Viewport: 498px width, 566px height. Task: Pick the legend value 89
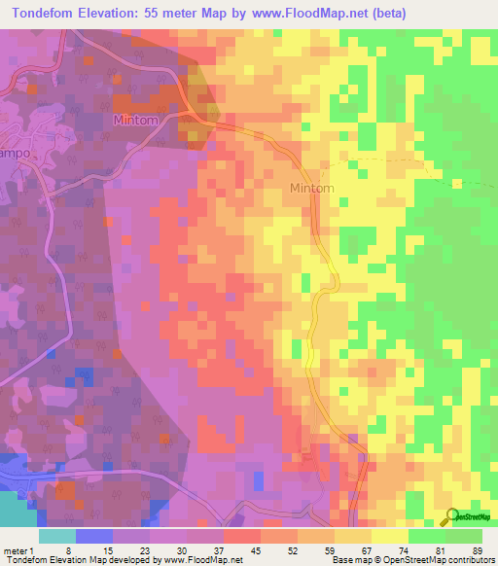[476, 549]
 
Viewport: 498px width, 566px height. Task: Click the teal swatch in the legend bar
[57, 536]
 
